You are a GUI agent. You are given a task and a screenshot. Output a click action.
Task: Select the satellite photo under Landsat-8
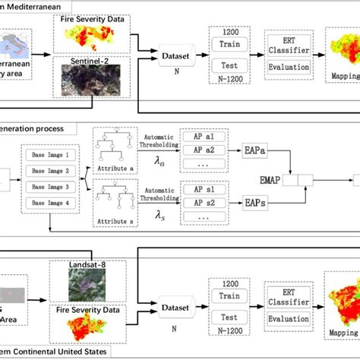coord(83,286)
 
